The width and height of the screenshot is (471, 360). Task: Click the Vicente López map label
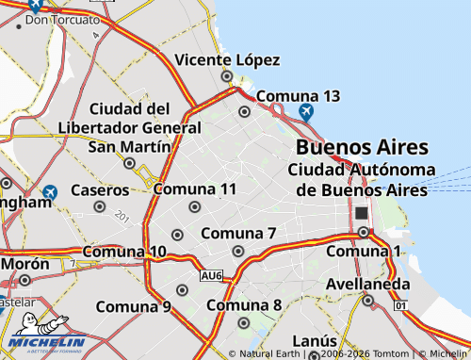coord(228,60)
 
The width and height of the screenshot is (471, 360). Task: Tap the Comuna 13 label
coord(298,96)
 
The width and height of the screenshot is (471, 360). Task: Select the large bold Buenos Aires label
coord(362,147)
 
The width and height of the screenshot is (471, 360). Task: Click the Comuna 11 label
coord(194,189)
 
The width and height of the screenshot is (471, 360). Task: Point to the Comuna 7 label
coord(237,233)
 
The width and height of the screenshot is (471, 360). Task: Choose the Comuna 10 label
coord(124,252)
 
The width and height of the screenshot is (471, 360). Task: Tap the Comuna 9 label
coord(133,306)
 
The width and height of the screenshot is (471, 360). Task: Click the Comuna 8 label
coord(244,304)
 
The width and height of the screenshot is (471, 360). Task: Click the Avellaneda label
coord(368,284)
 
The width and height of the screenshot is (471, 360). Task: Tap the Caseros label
coord(99,189)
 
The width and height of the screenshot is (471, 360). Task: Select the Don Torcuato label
coord(62,19)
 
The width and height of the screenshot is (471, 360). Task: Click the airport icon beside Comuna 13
coord(305,112)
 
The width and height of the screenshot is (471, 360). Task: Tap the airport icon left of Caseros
coord(49,192)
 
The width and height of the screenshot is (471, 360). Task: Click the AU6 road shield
coord(211,275)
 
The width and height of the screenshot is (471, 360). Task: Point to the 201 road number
coord(122,217)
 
